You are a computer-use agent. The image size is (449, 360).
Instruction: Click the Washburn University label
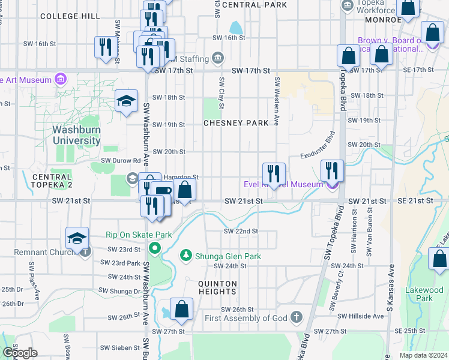click(76, 135)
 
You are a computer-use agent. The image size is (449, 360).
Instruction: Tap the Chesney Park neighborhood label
click(235, 123)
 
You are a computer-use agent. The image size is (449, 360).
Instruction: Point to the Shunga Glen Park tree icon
click(186, 256)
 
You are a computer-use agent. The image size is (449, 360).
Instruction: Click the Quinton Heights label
click(218, 287)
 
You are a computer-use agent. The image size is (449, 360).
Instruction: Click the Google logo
click(20, 352)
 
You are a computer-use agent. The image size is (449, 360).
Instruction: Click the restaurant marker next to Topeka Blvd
click(332, 171)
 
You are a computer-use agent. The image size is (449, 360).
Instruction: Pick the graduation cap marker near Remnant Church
click(77, 239)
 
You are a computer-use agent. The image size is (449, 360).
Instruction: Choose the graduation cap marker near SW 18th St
click(127, 101)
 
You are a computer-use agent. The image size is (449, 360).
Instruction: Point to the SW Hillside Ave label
click(360, 316)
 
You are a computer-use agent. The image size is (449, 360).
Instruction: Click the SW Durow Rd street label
click(120, 161)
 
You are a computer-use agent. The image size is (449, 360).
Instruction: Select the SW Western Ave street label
click(277, 101)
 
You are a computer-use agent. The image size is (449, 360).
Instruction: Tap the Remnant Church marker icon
click(85, 252)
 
